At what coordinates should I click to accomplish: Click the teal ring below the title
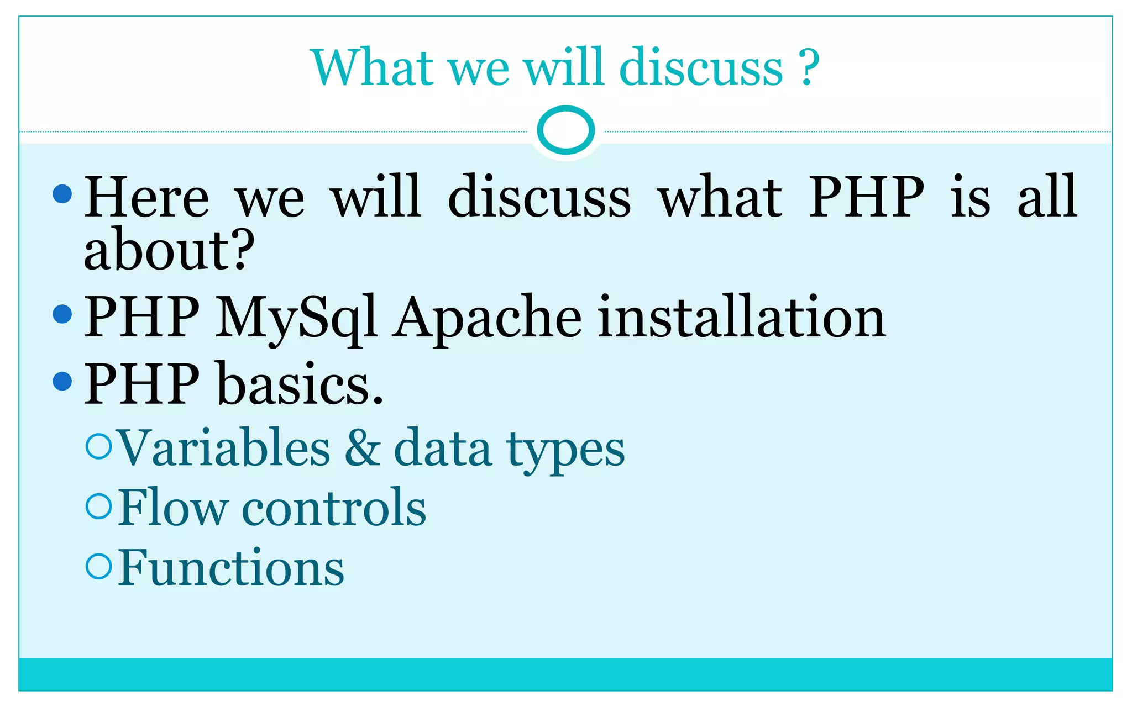(x=565, y=130)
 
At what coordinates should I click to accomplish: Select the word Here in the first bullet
(x=146, y=197)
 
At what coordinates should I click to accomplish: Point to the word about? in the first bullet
(x=169, y=250)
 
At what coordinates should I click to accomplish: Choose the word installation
(x=741, y=317)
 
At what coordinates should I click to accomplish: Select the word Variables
(x=224, y=448)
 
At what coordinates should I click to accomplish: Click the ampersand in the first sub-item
(x=363, y=448)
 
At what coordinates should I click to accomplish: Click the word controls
(x=334, y=508)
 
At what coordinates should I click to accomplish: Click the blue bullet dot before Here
(x=62, y=194)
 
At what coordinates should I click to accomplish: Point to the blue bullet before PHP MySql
(x=62, y=314)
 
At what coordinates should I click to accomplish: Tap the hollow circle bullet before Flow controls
(x=99, y=506)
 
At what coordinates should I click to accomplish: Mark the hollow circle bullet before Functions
(x=99, y=566)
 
